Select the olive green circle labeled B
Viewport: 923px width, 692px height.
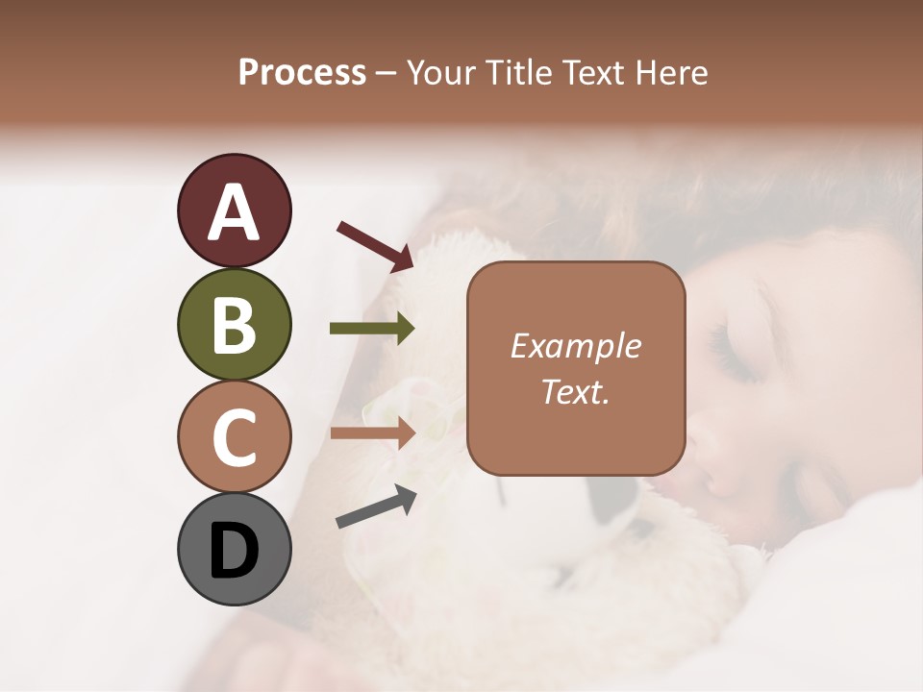point(234,324)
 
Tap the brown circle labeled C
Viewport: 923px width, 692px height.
point(234,436)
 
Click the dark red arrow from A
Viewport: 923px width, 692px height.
point(374,245)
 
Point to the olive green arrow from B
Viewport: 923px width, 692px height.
point(372,329)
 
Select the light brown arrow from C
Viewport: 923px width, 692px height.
point(372,433)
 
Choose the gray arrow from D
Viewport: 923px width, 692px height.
point(376,507)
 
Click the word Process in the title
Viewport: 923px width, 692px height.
point(302,72)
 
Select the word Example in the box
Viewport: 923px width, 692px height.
point(575,347)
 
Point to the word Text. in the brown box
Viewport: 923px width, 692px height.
point(575,391)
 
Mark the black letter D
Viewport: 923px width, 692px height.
point(234,551)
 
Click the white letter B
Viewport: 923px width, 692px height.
point(234,326)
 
